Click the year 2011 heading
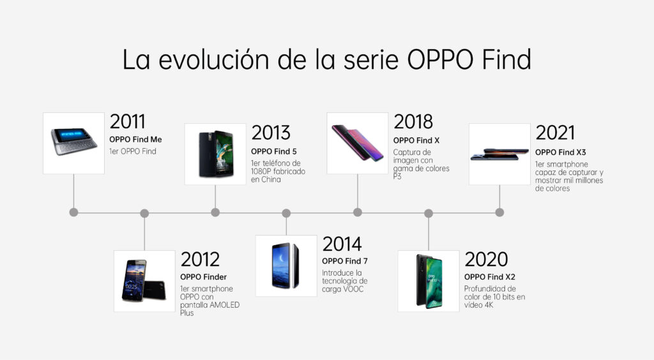[x=128, y=121]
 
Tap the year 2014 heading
[x=342, y=244]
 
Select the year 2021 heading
[x=555, y=132]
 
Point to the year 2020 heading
[x=486, y=259]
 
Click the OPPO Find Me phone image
[x=73, y=143]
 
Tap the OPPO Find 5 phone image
[x=215, y=154]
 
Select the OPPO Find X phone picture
[x=357, y=143]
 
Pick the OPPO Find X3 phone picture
[x=499, y=154]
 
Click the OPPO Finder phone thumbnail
[x=144, y=281]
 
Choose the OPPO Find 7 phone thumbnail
[x=286, y=266]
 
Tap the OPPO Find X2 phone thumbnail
[x=428, y=281]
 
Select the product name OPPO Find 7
[x=345, y=261]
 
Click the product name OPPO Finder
[x=204, y=277]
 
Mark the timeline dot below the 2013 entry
[x=215, y=212]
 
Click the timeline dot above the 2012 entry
[x=144, y=212]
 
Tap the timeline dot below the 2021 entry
[x=499, y=212]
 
